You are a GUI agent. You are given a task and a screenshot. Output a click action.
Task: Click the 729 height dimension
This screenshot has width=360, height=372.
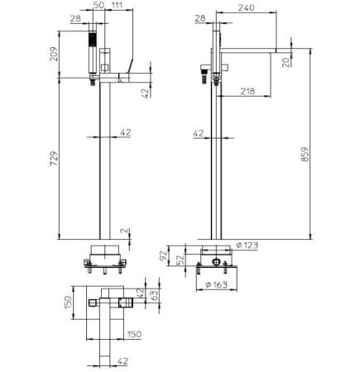(54, 158)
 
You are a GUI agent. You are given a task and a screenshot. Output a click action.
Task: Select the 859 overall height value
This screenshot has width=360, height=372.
(305, 155)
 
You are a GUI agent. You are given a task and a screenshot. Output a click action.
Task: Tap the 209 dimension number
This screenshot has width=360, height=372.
(54, 55)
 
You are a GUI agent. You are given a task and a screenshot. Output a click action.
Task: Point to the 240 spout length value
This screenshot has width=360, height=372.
(246, 7)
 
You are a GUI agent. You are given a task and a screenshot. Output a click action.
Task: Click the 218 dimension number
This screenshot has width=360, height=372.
(247, 91)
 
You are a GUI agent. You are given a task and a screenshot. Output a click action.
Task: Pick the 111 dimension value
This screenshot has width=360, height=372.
(118, 5)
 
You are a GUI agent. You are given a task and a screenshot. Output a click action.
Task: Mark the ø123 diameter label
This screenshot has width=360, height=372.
(247, 245)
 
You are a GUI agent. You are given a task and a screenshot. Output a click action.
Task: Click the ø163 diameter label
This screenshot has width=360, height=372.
(217, 284)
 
